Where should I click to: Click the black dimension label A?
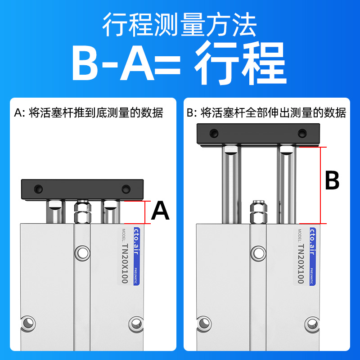(x=160, y=211)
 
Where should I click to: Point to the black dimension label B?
(x=332, y=181)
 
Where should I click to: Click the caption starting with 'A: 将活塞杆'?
(x=89, y=112)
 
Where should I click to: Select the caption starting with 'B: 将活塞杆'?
(x=266, y=112)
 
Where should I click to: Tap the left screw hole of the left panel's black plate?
(x=41, y=188)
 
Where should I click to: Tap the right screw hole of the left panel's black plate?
(x=125, y=188)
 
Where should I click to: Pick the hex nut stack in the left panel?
(x=82, y=212)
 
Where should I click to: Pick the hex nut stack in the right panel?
(x=258, y=212)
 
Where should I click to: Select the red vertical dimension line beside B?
(x=320, y=184)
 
